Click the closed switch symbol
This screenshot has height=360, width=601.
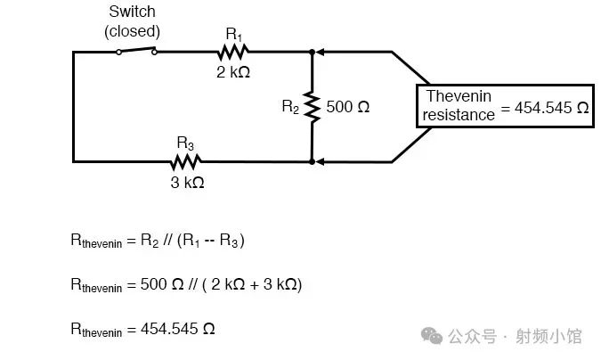click(x=136, y=51)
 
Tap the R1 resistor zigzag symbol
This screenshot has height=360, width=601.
click(x=233, y=52)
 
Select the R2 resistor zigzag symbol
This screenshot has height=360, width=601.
click(x=312, y=107)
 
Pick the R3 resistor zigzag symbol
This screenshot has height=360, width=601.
click(x=186, y=161)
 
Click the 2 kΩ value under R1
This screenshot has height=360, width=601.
click(x=233, y=72)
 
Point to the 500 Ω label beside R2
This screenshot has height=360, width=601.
click(x=348, y=107)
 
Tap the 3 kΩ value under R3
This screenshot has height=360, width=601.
click(x=186, y=182)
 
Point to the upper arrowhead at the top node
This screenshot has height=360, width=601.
click(x=321, y=52)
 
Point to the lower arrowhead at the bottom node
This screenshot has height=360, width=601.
click(x=321, y=162)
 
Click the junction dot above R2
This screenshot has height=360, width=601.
click(x=312, y=52)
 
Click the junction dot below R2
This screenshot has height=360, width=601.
click(x=312, y=162)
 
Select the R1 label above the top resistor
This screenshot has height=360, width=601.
click(x=233, y=33)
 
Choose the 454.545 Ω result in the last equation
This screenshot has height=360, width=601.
click(x=177, y=328)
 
